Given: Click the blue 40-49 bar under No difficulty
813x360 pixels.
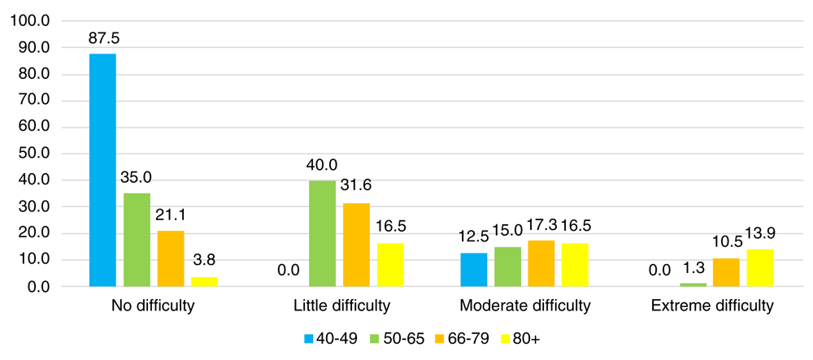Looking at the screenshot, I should (102, 170).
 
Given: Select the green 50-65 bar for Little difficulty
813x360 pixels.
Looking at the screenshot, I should (322, 233).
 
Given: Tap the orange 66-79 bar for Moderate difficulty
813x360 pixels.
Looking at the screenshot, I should (541, 263).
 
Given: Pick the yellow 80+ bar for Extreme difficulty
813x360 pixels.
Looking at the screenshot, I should (760, 267).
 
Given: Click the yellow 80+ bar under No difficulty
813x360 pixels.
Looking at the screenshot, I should (204, 281).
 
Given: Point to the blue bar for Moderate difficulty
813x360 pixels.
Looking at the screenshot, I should (474, 270).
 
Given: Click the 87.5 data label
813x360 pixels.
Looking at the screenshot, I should (102, 38).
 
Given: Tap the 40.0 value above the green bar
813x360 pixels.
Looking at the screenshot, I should (322, 164).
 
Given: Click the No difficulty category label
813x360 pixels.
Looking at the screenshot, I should (153, 306).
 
